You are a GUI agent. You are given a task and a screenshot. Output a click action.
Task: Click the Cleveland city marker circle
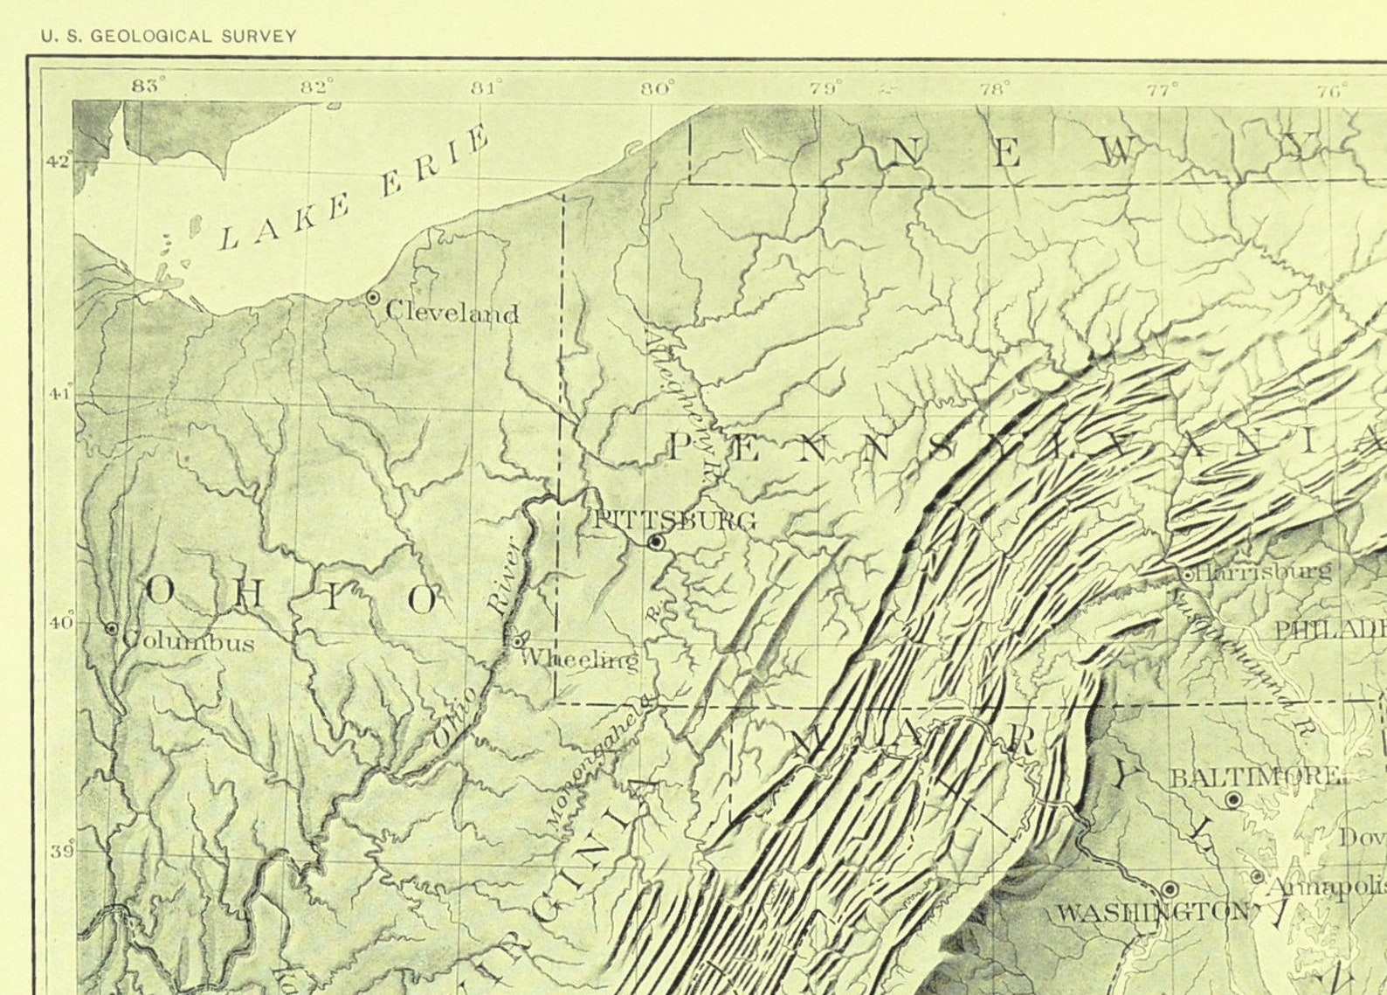(x=373, y=297)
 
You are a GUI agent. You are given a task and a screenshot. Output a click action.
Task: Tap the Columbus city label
(x=189, y=643)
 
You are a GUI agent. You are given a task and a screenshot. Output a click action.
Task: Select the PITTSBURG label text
(x=674, y=521)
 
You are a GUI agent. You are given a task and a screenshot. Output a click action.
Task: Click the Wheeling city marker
(x=517, y=641)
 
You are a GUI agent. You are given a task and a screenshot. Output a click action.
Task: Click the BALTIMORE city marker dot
(x=1233, y=799)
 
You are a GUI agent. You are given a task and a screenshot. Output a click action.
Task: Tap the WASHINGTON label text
(x=1153, y=913)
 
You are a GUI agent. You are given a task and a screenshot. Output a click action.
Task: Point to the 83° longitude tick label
(x=148, y=86)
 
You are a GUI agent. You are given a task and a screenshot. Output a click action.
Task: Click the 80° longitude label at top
(x=658, y=88)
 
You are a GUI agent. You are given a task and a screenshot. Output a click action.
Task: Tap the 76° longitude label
(x=1333, y=90)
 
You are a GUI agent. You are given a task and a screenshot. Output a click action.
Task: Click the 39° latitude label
(x=62, y=852)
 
